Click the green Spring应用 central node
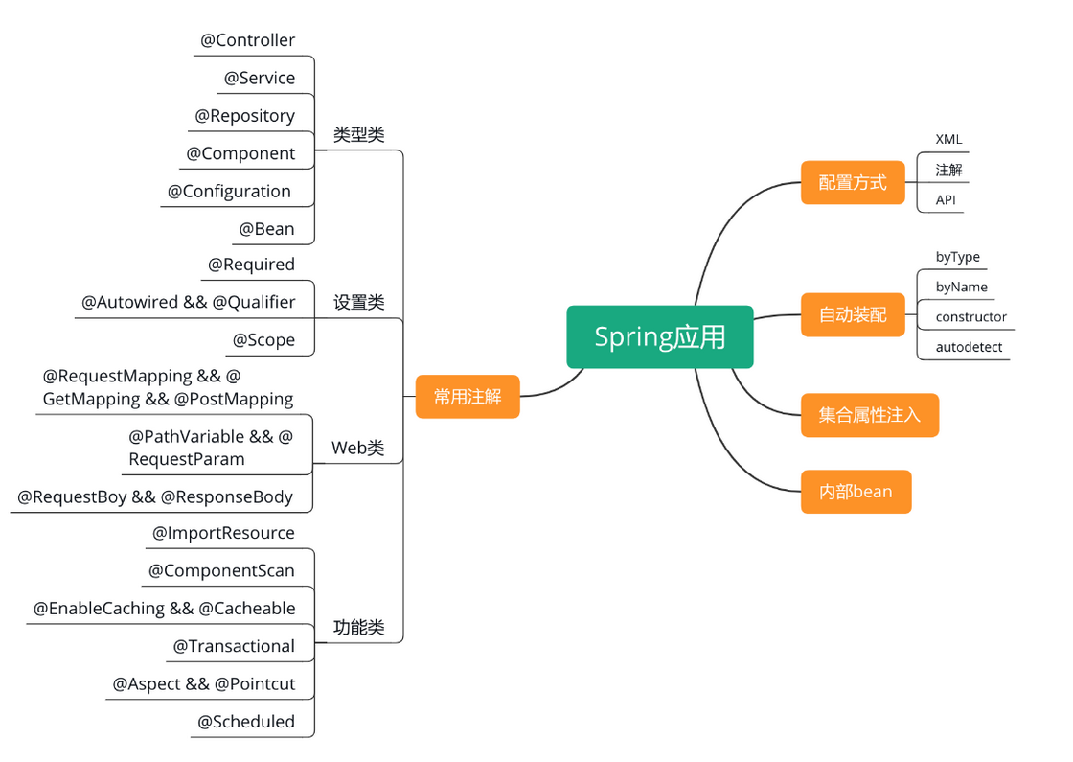point(660,336)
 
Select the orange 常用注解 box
point(468,396)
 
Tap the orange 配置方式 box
point(853,182)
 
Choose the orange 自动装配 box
point(853,314)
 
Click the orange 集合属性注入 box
point(869,415)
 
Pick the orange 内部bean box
point(856,492)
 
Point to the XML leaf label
point(948,140)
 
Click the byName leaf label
point(961,287)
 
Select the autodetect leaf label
point(969,347)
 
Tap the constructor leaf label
point(970,317)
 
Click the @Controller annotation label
point(247,40)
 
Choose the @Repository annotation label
point(244,116)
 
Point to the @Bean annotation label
point(267,229)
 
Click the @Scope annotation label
point(263,340)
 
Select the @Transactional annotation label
point(234,646)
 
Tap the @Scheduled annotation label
point(246,722)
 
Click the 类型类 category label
point(358,135)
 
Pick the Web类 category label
point(357,448)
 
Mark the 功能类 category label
point(358,628)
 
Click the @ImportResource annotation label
point(223,533)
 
